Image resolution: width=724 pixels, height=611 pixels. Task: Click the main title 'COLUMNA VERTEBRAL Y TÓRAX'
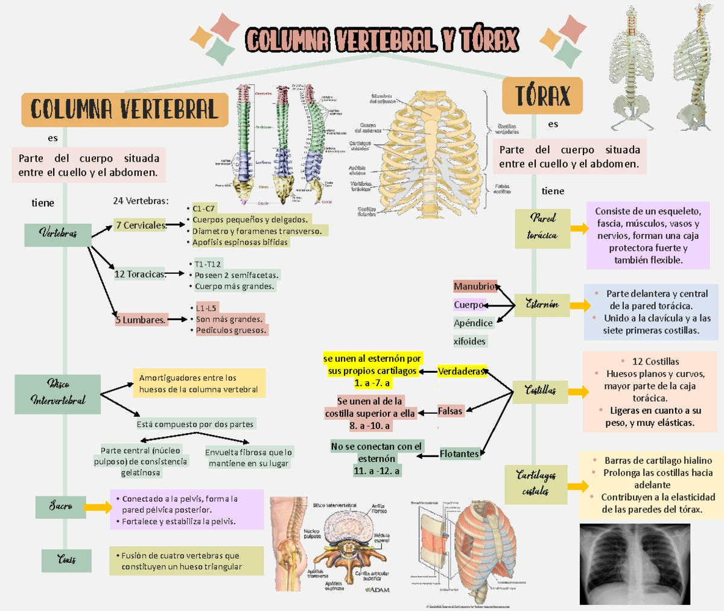click(382, 40)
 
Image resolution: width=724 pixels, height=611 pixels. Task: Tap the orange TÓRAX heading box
click(542, 95)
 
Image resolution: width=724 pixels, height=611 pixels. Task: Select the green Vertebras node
click(58, 233)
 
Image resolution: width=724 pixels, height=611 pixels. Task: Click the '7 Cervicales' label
click(141, 225)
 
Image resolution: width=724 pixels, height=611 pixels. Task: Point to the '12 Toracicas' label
click(140, 274)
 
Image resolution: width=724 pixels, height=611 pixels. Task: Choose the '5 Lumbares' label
click(141, 320)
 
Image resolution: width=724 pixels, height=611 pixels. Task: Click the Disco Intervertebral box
click(58, 392)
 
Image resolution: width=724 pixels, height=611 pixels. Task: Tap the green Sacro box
click(61, 506)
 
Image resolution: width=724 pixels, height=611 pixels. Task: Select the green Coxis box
click(66, 560)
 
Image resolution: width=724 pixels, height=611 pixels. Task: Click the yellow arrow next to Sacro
click(98, 507)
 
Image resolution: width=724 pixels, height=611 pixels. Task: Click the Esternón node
click(542, 305)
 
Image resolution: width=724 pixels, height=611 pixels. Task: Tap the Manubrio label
click(475, 287)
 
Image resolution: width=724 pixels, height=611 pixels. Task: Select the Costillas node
click(540, 391)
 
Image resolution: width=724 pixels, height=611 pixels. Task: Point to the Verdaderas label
click(461, 372)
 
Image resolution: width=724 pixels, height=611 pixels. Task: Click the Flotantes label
click(459, 454)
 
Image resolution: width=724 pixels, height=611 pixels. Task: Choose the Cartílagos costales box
click(536, 483)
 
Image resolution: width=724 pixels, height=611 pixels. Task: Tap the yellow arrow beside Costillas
click(578, 392)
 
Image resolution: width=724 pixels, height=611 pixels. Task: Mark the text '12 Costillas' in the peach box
click(655, 361)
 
